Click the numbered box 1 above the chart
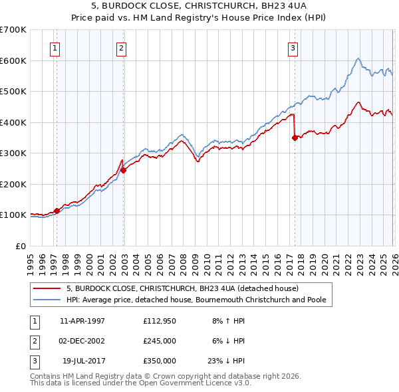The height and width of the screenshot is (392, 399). click(54, 47)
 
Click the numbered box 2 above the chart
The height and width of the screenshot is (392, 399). click(121, 47)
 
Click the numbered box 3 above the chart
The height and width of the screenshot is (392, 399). click(293, 47)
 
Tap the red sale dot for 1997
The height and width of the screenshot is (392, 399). click(57, 211)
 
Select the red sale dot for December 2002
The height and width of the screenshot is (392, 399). click(123, 170)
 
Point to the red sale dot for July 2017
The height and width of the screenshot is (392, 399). click(295, 138)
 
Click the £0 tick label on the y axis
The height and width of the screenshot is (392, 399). click(20, 246)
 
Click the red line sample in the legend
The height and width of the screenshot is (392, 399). click(47, 289)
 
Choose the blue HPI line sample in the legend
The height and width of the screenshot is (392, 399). click(47, 300)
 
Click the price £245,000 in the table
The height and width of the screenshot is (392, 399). click(159, 341)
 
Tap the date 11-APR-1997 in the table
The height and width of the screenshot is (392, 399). click(82, 321)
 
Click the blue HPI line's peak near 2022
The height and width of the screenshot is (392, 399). click(358, 59)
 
